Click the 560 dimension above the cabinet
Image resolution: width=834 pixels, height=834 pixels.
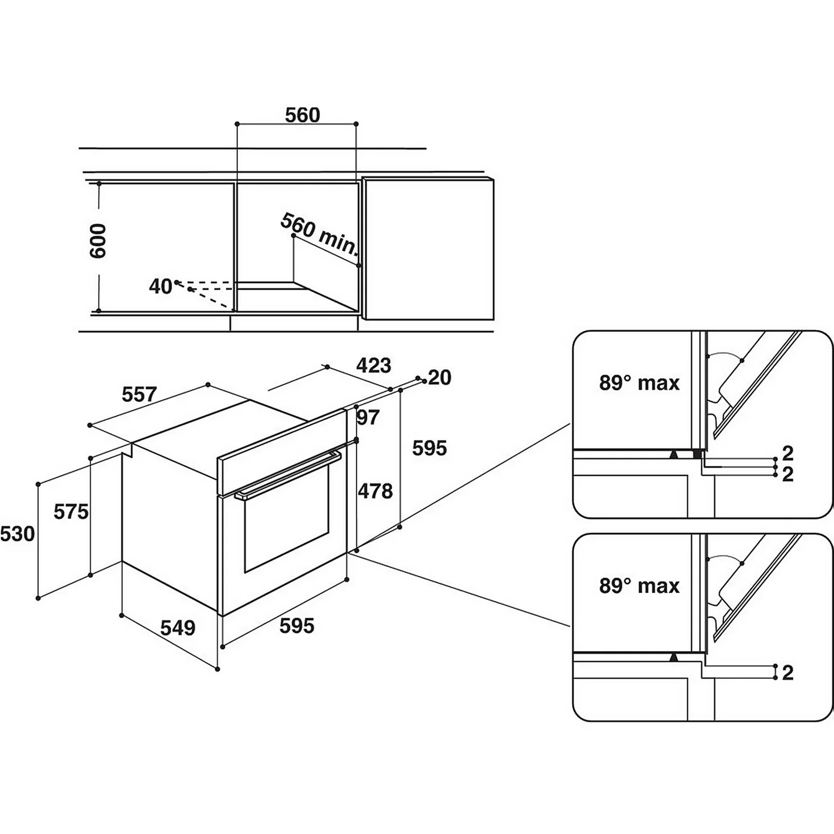(302, 115)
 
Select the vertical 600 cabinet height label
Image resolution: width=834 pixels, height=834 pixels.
(98, 241)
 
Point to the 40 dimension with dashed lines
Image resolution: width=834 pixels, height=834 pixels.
(160, 287)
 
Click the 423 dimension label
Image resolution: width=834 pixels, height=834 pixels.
(374, 365)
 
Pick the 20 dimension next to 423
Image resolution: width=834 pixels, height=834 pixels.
(440, 378)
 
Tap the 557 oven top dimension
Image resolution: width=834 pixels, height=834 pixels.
(139, 394)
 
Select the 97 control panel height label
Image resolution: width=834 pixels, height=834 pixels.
(368, 417)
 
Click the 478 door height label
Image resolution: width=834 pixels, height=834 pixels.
(375, 491)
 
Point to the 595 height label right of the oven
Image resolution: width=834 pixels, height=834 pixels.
(429, 448)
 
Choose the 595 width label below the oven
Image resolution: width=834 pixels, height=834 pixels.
(297, 626)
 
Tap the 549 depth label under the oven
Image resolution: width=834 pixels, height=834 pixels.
(178, 628)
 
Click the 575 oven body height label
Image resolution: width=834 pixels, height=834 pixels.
(71, 512)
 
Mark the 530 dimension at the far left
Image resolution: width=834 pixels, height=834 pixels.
(18, 534)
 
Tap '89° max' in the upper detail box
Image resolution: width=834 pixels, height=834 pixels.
(639, 383)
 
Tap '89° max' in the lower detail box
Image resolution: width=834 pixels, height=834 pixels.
(639, 586)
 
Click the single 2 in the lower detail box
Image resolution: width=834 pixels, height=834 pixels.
(787, 673)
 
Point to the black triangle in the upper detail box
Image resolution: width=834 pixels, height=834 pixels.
(674, 454)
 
